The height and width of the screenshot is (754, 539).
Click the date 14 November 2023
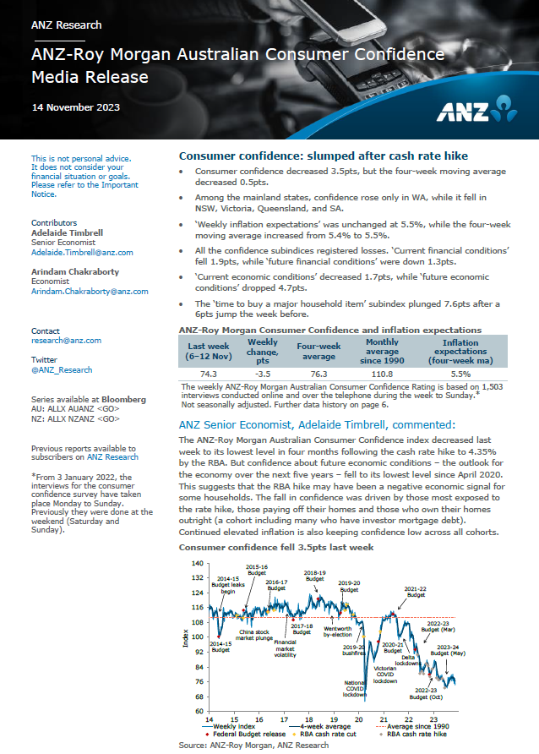(x=75, y=107)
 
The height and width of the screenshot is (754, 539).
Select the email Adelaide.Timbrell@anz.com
(x=82, y=253)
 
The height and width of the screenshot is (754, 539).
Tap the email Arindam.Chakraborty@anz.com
(x=90, y=292)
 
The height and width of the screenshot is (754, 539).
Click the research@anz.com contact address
(x=66, y=341)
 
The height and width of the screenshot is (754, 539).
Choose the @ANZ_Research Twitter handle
(x=62, y=370)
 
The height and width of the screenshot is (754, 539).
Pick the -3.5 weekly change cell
(x=262, y=373)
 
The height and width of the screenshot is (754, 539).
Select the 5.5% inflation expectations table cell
(x=460, y=373)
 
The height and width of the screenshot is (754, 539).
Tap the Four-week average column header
(x=318, y=351)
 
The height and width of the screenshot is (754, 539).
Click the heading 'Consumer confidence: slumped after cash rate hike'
(x=323, y=156)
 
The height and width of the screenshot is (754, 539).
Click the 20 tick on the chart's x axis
(x=359, y=720)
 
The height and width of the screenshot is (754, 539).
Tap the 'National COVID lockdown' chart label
(x=354, y=687)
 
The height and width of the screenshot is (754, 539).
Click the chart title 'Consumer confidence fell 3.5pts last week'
(x=276, y=548)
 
